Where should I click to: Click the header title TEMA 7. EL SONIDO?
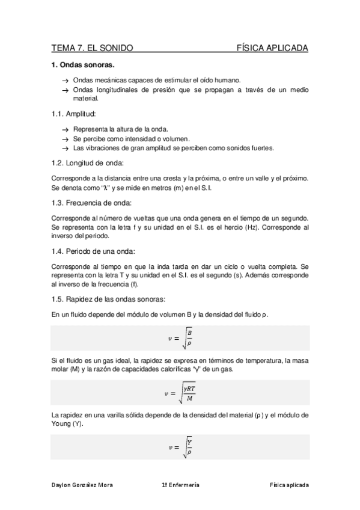click(92, 48)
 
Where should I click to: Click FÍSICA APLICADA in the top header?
click(272, 48)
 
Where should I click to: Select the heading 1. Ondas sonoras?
click(83, 64)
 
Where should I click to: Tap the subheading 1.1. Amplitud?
click(74, 114)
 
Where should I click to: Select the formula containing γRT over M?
click(180, 394)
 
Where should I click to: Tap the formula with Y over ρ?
click(180, 449)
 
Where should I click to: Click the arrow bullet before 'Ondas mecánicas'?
click(65, 80)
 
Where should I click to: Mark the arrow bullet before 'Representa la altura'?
click(65, 129)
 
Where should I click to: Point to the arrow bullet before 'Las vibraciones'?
click(65, 147)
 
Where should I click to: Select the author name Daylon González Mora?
click(84, 485)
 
